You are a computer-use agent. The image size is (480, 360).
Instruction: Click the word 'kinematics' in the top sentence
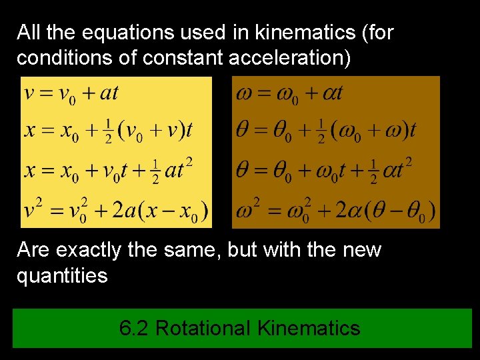click(310, 32)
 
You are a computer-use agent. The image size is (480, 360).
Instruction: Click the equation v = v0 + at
click(71, 93)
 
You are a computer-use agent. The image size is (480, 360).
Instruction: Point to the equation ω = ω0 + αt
click(289, 93)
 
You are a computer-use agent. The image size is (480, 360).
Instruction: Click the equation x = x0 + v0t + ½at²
click(109, 169)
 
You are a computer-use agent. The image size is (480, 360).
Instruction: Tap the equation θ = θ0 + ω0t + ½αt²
click(324, 169)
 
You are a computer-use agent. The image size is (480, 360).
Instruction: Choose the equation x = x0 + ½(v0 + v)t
click(108, 130)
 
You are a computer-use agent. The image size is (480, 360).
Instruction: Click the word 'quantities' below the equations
click(62, 275)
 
